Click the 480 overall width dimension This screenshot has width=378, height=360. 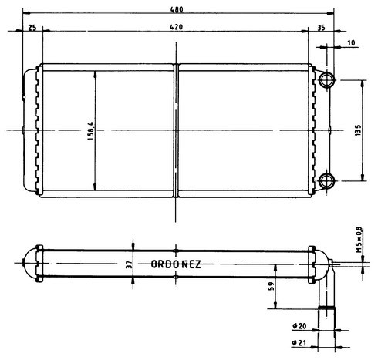coord(177,9)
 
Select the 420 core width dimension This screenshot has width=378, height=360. coord(177,27)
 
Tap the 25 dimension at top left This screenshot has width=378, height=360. coord(32,28)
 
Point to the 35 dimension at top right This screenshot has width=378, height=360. coord(321,28)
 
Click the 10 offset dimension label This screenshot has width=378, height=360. coord(351,43)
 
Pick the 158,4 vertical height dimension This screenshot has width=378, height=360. coord(91,131)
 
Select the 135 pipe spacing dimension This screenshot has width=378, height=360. coord(359,130)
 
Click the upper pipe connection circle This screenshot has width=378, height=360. coord(326,80)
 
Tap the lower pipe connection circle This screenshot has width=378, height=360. coord(326,180)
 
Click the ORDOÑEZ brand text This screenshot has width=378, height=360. coord(176,264)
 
